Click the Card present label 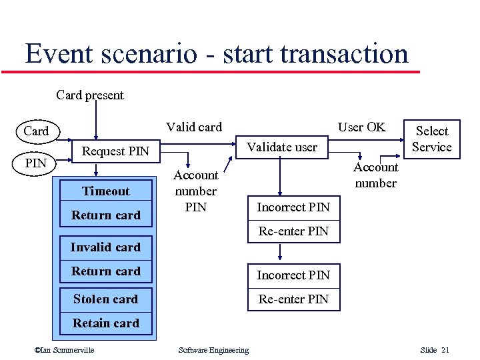coord(90,95)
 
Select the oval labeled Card coord(36,131)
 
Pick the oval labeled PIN coord(36,163)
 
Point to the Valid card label coord(194,127)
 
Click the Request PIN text coord(115,151)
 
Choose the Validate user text coord(282,147)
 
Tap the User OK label coord(361,127)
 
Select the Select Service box coord(431,139)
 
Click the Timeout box coord(105,191)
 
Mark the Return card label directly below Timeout coord(105,215)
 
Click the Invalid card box coord(105,247)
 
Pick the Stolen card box coord(105,299)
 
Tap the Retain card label coord(105,323)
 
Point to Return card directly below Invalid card coord(105,271)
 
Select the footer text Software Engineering coord(213,350)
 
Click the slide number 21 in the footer coord(445,350)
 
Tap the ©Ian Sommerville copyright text coord(64,350)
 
